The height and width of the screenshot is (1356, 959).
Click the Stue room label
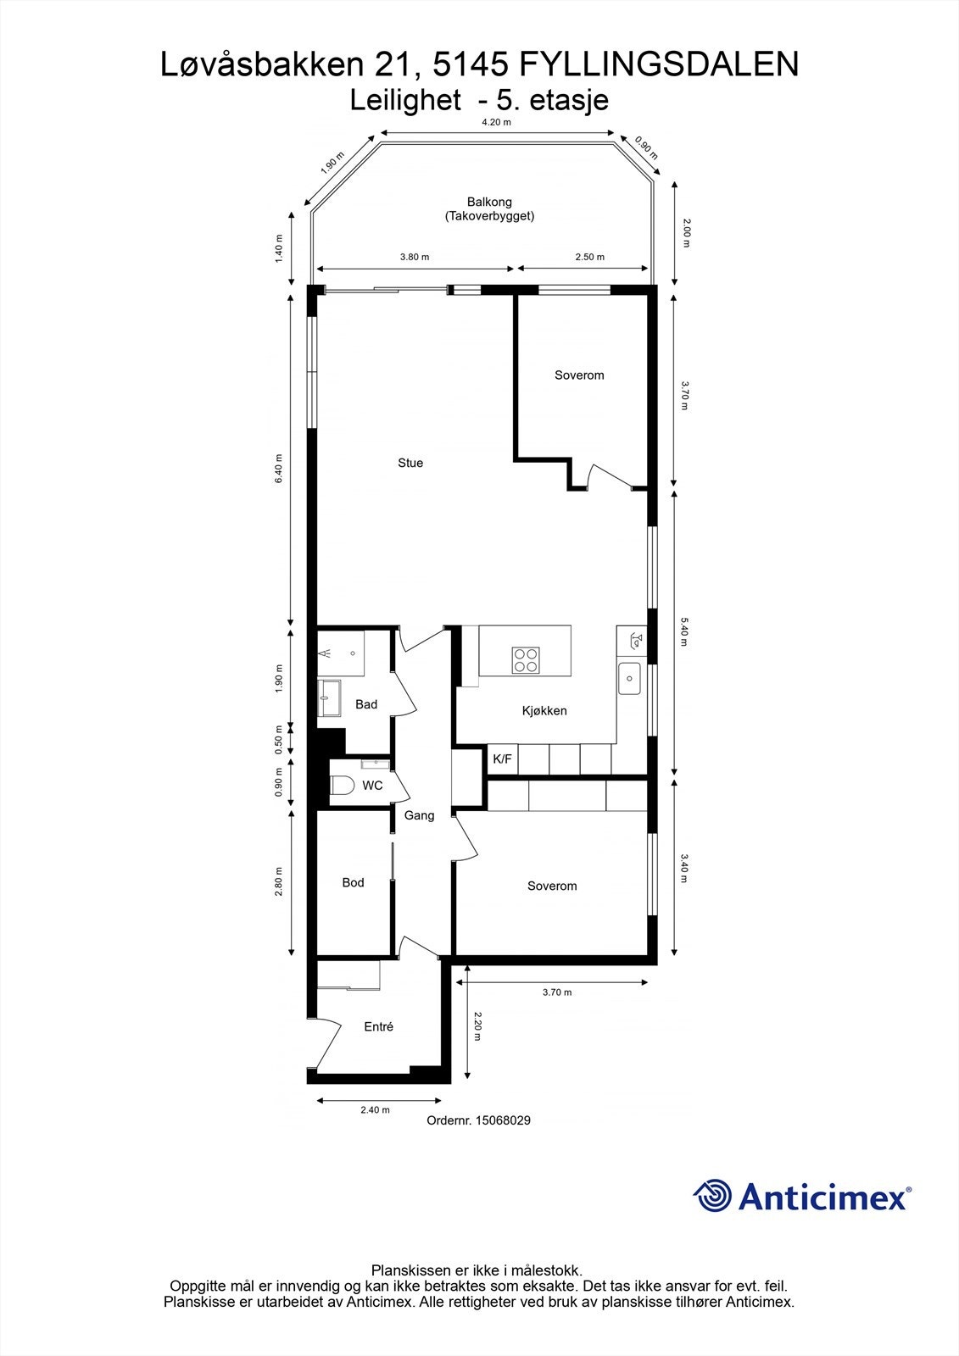tap(410, 463)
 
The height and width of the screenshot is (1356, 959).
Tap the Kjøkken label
tap(544, 710)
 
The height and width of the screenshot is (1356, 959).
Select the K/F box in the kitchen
tap(502, 759)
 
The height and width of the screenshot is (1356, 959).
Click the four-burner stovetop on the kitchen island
tap(525, 659)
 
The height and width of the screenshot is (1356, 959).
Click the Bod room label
tap(353, 882)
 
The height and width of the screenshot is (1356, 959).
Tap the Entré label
tap(378, 1026)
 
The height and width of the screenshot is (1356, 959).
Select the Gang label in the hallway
tap(419, 815)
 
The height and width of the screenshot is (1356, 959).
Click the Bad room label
tap(366, 704)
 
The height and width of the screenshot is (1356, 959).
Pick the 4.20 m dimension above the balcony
tap(496, 122)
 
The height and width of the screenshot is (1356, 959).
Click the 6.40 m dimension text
tap(279, 469)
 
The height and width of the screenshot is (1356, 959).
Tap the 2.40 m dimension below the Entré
tap(375, 1110)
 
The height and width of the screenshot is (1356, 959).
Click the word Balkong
tap(489, 202)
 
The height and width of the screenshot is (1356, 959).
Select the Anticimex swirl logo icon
tap(712, 1196)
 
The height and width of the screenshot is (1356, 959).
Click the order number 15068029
tap(503, 1120)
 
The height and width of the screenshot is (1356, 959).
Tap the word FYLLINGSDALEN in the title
tap(658, 64)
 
